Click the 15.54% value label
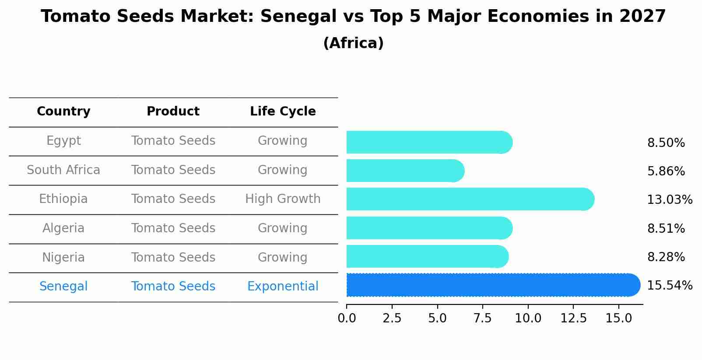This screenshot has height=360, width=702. pyautogui.click(x=669, y=286)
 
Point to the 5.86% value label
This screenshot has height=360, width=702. pyautogui.click(x=666, y=171)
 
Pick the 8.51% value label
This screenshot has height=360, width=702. pyautogui.click(x=666, y=229)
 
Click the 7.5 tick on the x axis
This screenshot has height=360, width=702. pyautogui.click(x=483, y=318)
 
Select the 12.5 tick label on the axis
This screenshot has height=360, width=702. pyautogui.click(x=573, y=318)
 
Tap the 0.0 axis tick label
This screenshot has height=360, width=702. pyautogui.click(x=347, y=318)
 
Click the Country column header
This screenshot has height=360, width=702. pyautogui.click(x=63, y=112)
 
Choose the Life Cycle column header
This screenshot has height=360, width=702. pyautogui.click(x=283, y=112)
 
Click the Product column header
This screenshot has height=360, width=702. pyautogui.click(x=173, y=112)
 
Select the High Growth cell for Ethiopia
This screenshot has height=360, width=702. pyautogui.click(x=283, y=199)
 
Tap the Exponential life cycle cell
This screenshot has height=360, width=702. pyautogui.click(x=283, y=287)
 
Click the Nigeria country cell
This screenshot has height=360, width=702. pyautogui.click(x=63, y=257)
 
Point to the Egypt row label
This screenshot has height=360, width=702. pyautogui.click(x=63, y=141)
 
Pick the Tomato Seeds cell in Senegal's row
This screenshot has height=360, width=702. pyautogui.click(x=173, y=287)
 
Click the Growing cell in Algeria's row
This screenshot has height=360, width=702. pyautogui.click(x=283, y=228)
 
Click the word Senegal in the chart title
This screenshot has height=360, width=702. pyautogui.click(x=294, y=17)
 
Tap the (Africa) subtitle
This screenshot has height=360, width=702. pyautogui.click(x=353, y=43)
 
